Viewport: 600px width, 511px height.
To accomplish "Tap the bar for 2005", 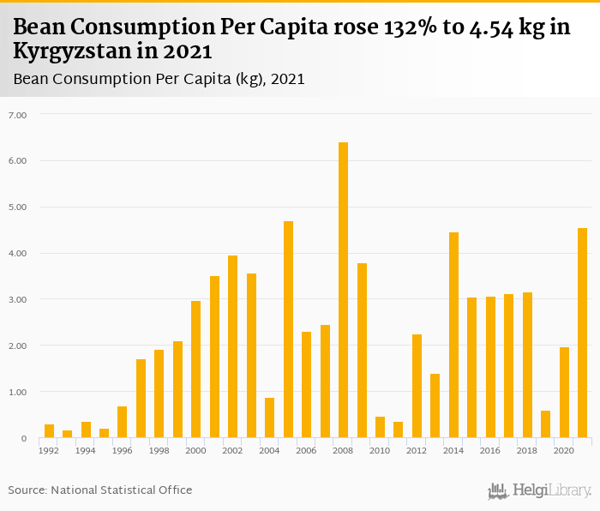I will [288, 329].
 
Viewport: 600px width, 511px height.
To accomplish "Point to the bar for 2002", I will [232, 346].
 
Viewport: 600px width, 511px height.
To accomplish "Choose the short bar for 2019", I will [545, 424].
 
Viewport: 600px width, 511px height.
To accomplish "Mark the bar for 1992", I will [49, 431].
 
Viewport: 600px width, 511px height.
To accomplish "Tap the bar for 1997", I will [141, 399].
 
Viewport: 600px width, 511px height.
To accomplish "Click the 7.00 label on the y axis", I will [17, 115].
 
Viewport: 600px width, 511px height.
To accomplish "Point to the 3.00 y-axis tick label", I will [17, 300].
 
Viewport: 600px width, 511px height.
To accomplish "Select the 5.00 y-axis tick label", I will [17, 207].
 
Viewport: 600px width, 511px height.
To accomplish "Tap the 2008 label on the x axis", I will [343, 450].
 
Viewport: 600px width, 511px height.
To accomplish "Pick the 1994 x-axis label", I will [86, 450].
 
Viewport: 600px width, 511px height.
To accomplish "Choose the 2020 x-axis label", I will [563, 450].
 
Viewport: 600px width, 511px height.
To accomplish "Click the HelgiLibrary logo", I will [539, 490].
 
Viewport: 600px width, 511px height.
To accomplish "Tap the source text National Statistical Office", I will [121, 490].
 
